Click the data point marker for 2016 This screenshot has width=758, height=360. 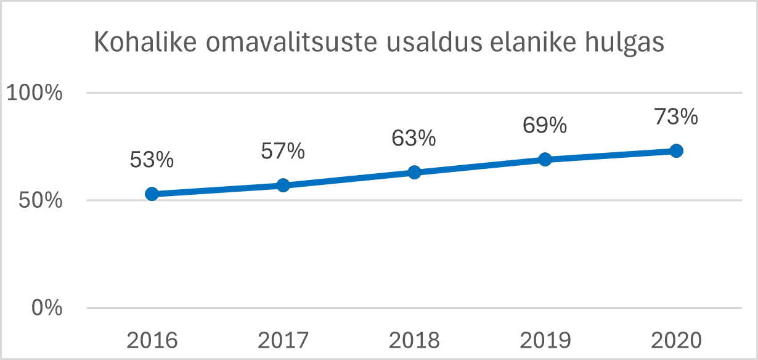point(152,194)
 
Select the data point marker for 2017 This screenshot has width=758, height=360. point(283,185)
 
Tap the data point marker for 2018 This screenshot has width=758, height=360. point(414,172)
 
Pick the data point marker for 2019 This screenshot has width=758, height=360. point(545,159)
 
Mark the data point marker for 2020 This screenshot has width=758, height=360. point(676,150)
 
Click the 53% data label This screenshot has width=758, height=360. point(152,160)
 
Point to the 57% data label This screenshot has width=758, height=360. point(283,151)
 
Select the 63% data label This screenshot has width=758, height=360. point(414,138)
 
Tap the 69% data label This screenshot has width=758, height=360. point(545,125)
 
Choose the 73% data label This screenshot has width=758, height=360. point(676,117)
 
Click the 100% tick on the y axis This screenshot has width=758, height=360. point(35,92)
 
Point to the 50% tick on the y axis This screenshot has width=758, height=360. point(41,200)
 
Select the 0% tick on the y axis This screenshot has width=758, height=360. point(47,308)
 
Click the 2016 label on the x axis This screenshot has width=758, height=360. point(152,340)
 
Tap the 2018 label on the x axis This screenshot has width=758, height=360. point(414,340)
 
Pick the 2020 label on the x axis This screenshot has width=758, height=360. point(676,340)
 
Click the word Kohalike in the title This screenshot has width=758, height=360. point(145,42)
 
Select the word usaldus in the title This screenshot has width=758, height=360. point(434,42)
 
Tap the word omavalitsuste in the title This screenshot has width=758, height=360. point(291,43)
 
